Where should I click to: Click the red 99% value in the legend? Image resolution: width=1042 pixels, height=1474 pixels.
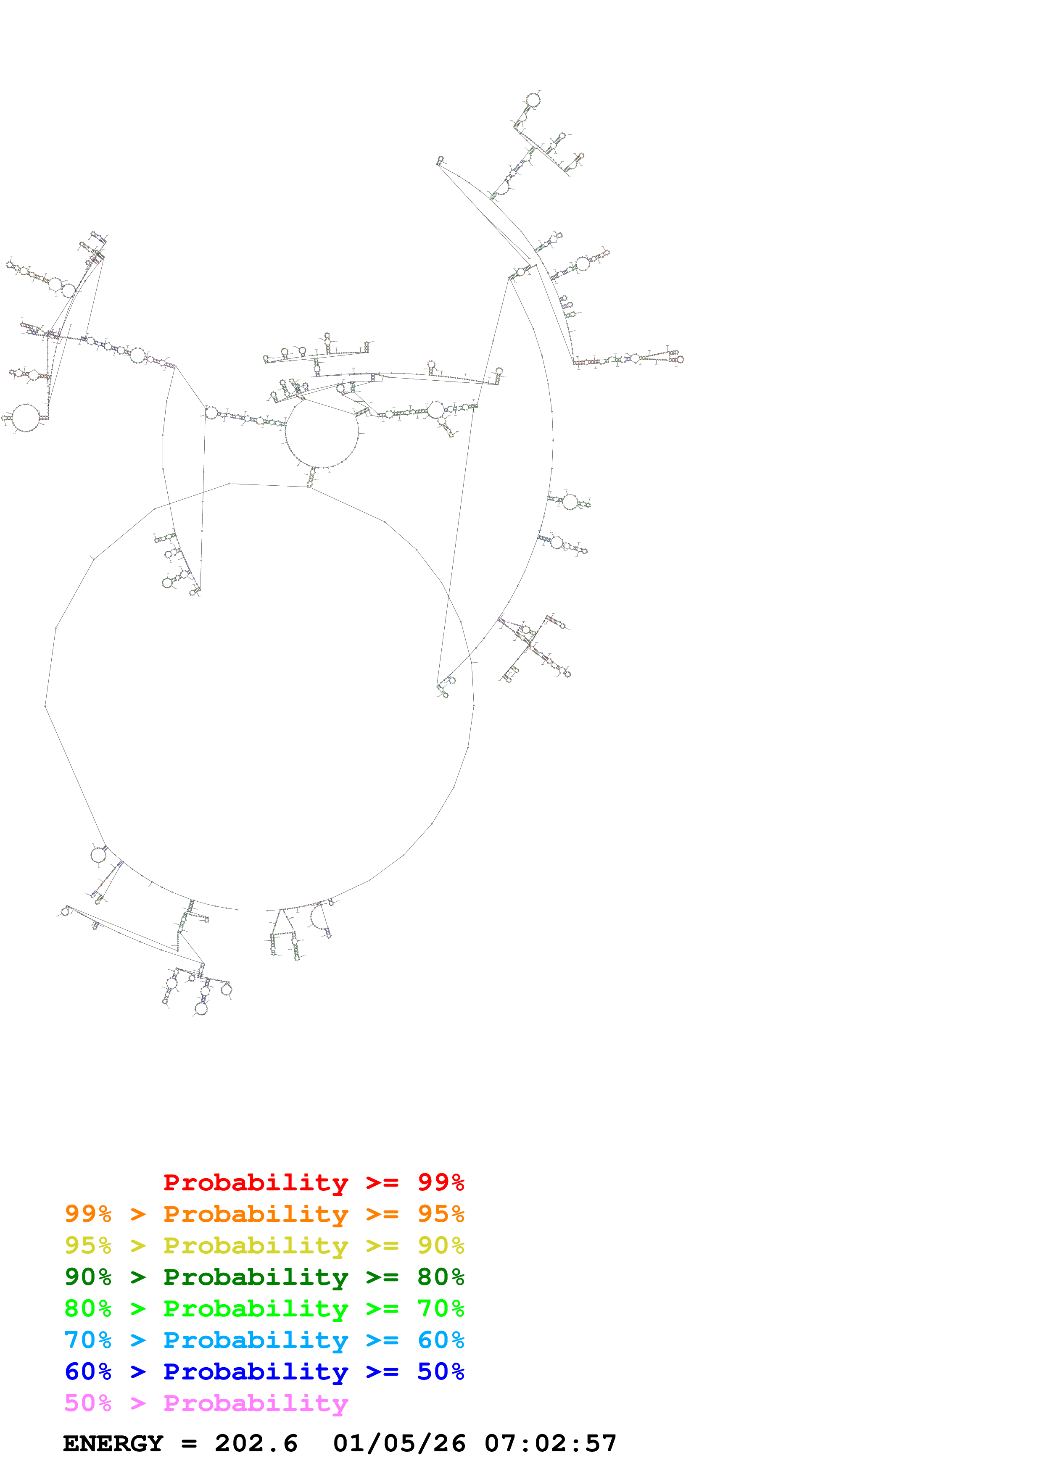click(x=441, y=1182)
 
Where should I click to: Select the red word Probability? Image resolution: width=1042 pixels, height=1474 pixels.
click(x=256, y=1182)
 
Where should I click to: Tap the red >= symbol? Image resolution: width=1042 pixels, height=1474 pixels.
click(x=382, y=1182)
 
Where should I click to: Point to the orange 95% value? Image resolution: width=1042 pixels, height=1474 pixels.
click(x=441, y=1214)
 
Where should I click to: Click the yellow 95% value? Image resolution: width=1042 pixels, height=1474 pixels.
click(x=88, y=1245)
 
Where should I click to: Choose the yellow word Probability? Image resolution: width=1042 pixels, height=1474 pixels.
click(x=256, y=1245)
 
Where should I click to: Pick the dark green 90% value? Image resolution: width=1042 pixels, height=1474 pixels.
click(x=88, y=1277)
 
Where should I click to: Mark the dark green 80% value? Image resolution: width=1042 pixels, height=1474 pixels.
click(x=441, y=1277)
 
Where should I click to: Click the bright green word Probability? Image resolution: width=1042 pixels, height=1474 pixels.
click(x=256, y=1308)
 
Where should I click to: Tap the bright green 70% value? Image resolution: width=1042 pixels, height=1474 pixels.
click(x=441, y=1308)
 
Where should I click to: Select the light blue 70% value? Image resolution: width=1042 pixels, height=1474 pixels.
click(x=88, y=1340)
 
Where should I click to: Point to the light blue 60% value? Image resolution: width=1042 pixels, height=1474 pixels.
click(x=441, y=1340)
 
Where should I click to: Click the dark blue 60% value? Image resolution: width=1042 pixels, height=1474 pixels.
click(x=88, y=1371)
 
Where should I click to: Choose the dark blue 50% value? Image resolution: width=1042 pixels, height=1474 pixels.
click(x=441, y=1371)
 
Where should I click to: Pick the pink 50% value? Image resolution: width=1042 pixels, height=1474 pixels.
click(x=88, y=1403)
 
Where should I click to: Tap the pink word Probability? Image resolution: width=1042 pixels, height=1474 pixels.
click(x=256, y=1403)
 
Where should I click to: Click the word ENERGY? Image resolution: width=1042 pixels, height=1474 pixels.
click(x=113, y=1443)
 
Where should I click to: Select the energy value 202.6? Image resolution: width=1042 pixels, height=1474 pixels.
click(x=256, y=1443)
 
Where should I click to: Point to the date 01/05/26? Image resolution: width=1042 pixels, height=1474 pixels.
click(x=399, y=1443)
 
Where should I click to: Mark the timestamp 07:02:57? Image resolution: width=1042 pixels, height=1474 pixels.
click(x=550, y=1443)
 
